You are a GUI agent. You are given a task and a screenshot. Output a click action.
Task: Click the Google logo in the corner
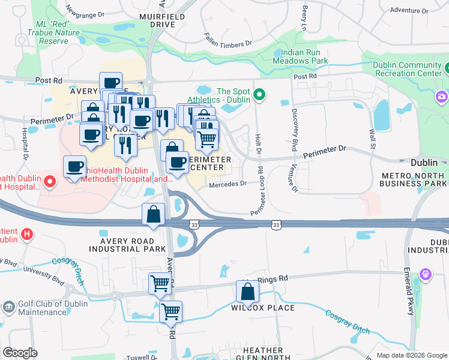point(20,353)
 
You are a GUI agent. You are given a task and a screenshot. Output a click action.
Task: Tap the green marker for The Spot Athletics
point(259,94)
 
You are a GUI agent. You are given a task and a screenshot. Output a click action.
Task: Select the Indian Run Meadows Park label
point(300,57)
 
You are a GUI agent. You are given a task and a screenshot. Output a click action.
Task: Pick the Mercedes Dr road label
point(228,184)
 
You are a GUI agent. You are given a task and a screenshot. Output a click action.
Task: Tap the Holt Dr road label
point(259,143)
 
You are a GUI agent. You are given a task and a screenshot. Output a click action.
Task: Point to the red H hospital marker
point(26,234)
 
